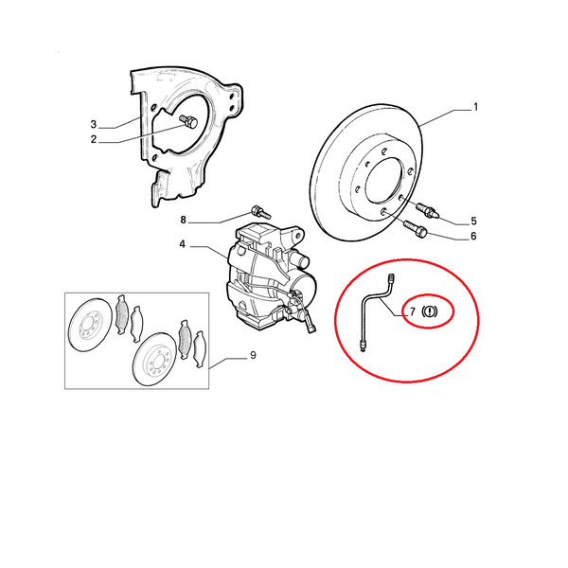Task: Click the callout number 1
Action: [x=475, y=107]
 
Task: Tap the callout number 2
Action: [x=94, y=139]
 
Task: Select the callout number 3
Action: [x=94, y=124]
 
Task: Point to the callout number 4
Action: [x=182, y=244]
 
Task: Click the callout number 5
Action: [x=473, y=221]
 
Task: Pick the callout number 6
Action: [x=473, y=236]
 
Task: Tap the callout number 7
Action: [x=413, y=311]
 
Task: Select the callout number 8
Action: [x=184, y=220]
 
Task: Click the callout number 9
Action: [x=253, y=355]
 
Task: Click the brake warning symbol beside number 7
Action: [x=430, y=311]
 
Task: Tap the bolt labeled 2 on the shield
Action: [x=188, y=121]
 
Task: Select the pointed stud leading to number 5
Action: [x=428, y=210]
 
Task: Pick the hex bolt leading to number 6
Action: [x=416, y=228]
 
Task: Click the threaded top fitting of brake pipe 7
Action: [x=391, y=278]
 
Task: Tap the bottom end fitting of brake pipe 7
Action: [x=363, y=345]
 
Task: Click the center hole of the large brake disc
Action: [x=383, y=180]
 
